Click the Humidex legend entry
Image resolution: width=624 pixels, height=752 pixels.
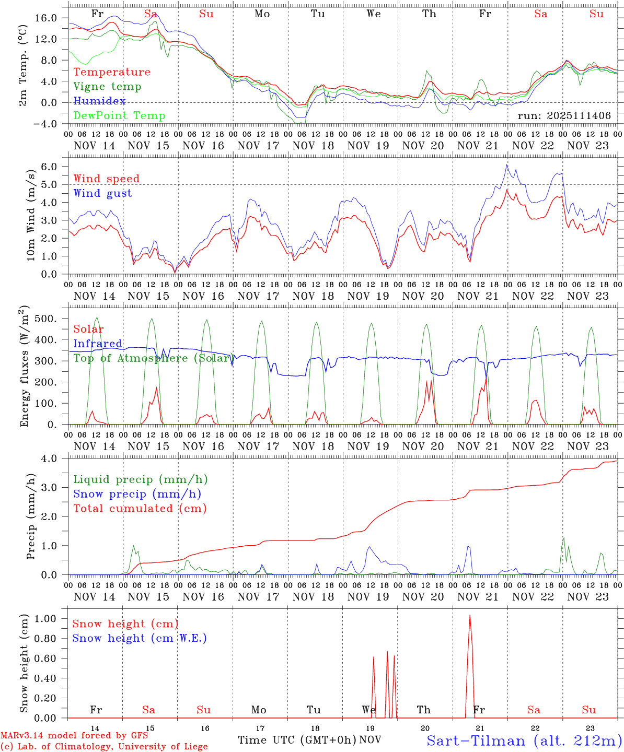click(x=99, y=101)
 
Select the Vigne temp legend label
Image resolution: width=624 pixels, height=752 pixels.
click(x=107, y=87)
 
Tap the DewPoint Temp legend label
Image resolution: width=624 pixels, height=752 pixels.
click(x=119, y=116)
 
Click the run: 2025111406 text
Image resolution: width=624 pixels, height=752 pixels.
click(x=564, y=115)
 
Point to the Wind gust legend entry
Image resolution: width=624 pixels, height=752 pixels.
click(x=102, y=193)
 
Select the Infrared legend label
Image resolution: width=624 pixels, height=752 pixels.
click(x=98, y=344)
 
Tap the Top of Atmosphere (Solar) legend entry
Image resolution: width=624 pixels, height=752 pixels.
click(x=152, y=358)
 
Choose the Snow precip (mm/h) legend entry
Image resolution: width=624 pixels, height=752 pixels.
click(x=137, y=494)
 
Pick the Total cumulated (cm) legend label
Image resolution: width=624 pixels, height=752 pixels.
click(x=140, y=509)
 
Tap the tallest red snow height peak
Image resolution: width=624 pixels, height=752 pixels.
click(x=470, y=616)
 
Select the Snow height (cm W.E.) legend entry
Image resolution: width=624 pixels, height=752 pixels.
click(x=140, y=638)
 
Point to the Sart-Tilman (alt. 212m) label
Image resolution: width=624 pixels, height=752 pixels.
click(x=524, y=741)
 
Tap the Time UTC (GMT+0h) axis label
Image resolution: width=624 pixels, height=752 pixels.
click(x=297, y=740)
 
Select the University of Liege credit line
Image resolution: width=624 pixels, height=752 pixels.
click(x=104, y=747)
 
